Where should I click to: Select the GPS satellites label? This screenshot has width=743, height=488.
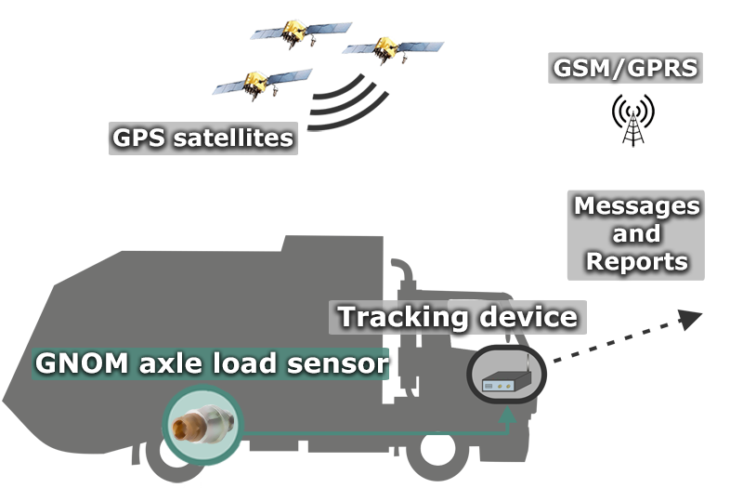click(202, 138)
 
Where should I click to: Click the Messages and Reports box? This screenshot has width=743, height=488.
click(636, 233)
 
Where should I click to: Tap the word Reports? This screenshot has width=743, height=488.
click(636, 261)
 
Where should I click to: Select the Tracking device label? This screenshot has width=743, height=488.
click(457, 316)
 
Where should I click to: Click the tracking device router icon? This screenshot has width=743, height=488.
click(505, 376)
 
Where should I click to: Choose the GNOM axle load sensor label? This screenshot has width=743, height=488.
click(209, 363)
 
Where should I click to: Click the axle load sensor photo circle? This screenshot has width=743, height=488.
click(202, 427)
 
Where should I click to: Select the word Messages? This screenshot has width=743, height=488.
click(636, 205)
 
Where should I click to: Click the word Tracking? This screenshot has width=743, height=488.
click(402, 316)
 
